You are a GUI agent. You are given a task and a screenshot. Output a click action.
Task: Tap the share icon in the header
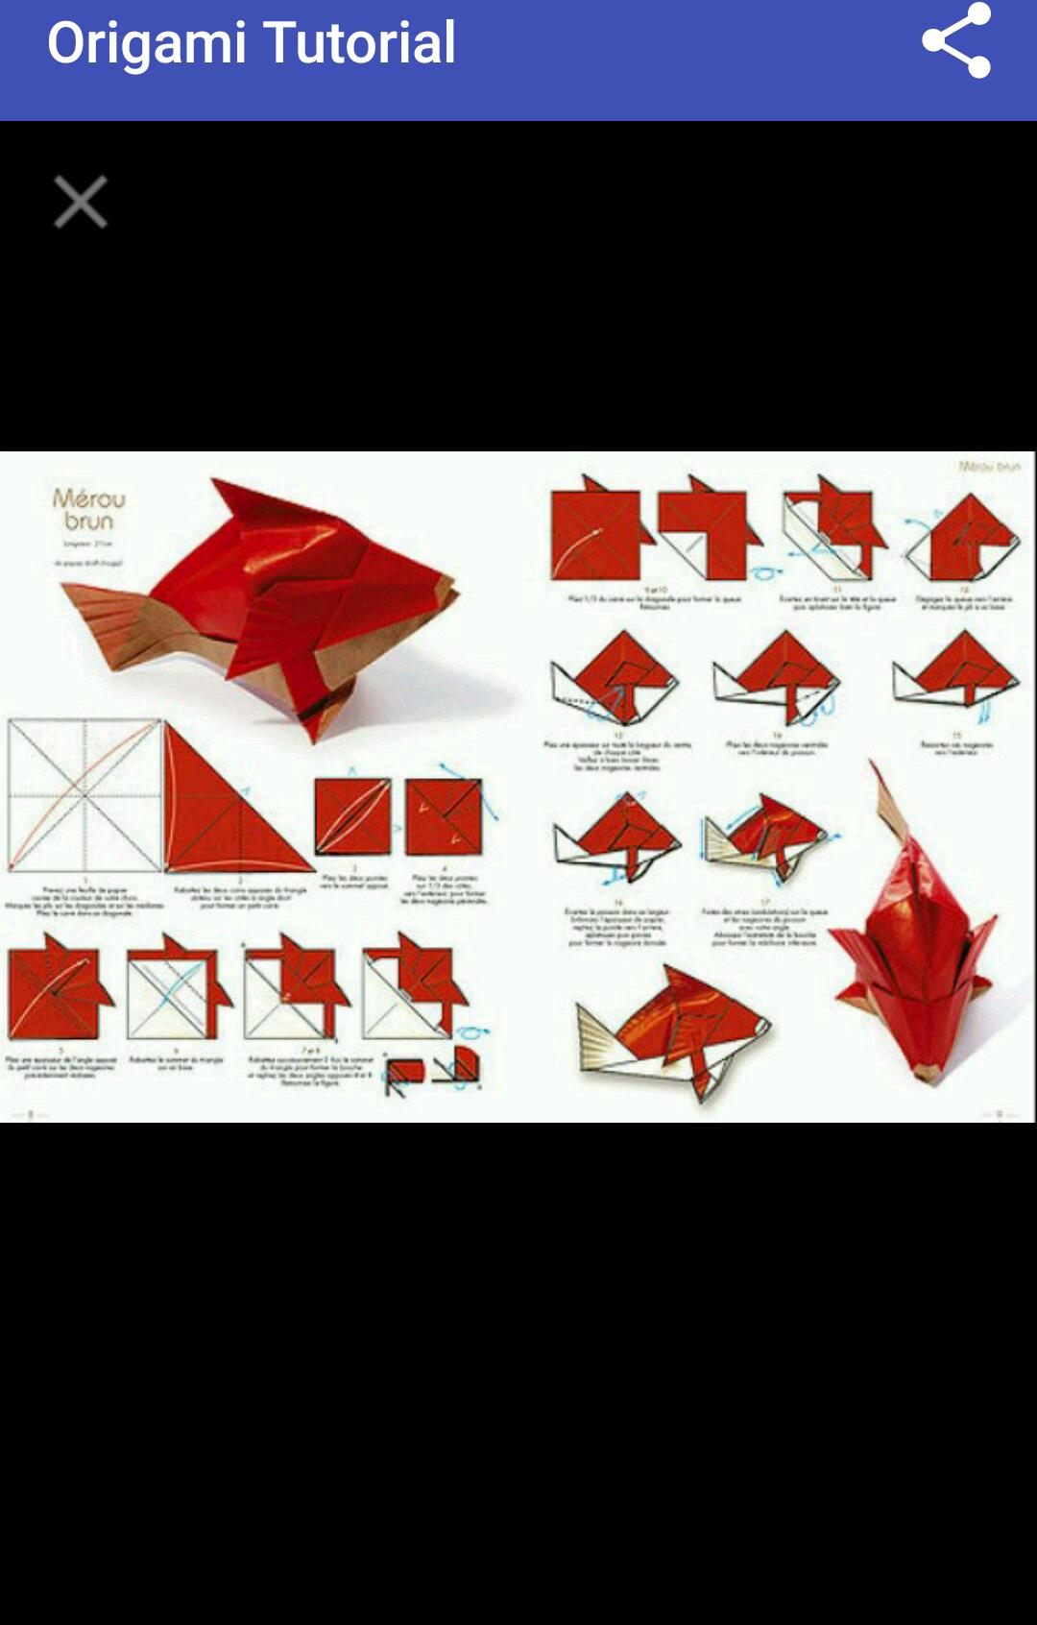[955, 41]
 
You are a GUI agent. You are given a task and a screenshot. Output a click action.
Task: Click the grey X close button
[81, 202]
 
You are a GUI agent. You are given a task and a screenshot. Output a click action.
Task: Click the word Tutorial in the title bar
[359, 43]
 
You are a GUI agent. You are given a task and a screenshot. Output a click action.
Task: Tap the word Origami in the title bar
[146, 43]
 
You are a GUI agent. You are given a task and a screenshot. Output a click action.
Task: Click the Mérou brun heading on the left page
[88, 510]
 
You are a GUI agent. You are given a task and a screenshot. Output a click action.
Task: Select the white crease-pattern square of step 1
[84, 795]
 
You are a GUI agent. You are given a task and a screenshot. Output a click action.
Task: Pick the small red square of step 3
[352, 816]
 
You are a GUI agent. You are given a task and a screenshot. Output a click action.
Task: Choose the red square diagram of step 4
[443, 817]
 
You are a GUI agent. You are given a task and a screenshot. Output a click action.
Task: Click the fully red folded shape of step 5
[56, 989]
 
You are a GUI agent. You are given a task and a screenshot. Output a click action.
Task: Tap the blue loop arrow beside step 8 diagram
[471, 1032]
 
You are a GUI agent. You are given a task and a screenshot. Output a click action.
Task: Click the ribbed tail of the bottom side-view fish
[601, 1037]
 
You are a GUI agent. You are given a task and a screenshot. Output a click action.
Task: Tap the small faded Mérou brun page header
[988, 467]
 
